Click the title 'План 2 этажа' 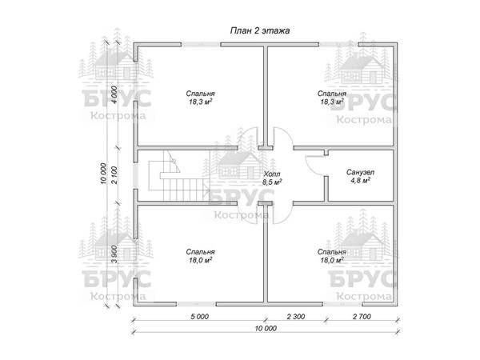259,31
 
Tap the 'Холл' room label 272,174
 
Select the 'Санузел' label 360,172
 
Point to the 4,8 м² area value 360,180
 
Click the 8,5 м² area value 272,182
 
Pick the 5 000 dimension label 199,316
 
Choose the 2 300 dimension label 296,316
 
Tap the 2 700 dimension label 362,316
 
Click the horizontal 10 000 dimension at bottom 266,328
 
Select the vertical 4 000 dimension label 114,95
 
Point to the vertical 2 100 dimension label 114,175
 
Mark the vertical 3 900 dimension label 114,254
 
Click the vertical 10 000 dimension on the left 103,174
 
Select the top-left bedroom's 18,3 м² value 201,102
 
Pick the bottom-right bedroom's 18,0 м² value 332,260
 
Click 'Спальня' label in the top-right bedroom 332,94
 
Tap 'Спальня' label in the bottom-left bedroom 201,252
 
